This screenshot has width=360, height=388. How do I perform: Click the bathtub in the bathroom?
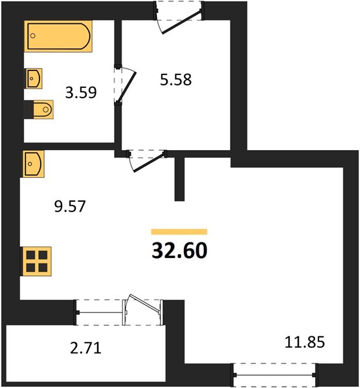pyautogui.click(x=58, y=36)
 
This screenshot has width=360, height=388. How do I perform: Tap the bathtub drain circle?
pyautogui.click(x=33, y=36)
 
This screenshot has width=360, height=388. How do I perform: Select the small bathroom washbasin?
pyautogui.click(x=34, y=78)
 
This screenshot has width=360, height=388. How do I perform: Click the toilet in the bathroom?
pyautogui.click(x=43, y=109)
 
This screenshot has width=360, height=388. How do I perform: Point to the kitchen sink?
pyautogui.click(x=34, y=164)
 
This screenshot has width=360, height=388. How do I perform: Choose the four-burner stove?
pyautogui.click(x=37, y=261)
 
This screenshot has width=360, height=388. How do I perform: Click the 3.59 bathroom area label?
pyautogui.click(x=81, y=92)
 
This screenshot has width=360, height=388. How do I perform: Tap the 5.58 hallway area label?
pyautogui.click(x=175, y=80)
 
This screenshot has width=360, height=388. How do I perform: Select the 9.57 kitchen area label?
pyautogui.click(x=70, y=206)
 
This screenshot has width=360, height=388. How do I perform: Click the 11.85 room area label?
pyautogui.click(x=304, y=342)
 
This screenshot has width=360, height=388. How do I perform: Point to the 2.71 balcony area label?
pyautogui.click(x=85, y=348)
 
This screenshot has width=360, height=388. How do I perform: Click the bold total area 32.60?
pyautogui.click(x=179, y=250)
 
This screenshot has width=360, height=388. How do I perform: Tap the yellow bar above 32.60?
pyautogui.click(x=179, y=232)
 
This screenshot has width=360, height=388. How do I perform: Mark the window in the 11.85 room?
pyautogui.click(x=275, y=375)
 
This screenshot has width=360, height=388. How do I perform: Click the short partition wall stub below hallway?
pyautogui.click(x=179, y=178)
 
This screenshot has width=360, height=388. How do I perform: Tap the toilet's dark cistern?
pyautogui.click(x=28, y=110)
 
